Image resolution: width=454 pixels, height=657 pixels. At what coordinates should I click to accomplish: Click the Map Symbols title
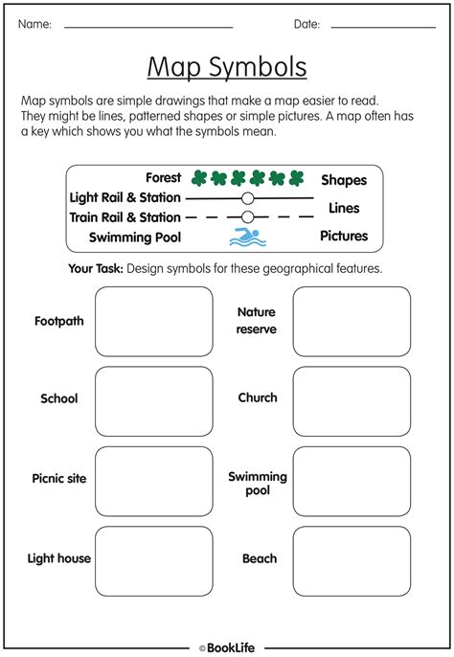click(x=227, y=67)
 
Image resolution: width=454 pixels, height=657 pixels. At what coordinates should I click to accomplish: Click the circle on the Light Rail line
click(x=247, y=198)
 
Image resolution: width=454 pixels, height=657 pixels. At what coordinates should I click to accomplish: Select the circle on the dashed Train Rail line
click(x=247, y=217)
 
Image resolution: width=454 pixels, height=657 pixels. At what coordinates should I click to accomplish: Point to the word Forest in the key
click(x=163, y=178)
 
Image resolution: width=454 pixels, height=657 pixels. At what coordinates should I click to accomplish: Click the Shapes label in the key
click(x=344, y=180)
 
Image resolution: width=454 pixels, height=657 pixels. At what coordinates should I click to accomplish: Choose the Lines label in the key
click(x=344, y=208)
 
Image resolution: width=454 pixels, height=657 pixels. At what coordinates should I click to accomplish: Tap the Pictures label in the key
click(x=344, y=236)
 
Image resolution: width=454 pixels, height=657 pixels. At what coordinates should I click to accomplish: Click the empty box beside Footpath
click(x=154, y=321)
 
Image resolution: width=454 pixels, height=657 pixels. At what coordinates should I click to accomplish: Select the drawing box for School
click(x=154, y=400)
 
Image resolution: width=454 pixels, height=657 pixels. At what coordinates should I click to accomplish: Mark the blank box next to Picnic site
click(x=154, y=481)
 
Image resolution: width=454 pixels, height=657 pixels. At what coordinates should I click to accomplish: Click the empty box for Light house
click(x=154, y=560)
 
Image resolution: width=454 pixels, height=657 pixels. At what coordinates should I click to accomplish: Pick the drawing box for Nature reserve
click(x=352, y=321)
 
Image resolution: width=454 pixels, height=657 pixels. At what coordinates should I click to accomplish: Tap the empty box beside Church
click(x=352, y=400)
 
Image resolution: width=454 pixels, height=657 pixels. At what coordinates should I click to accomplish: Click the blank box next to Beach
click(x=352, y=560)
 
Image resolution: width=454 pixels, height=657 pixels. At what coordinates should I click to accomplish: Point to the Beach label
click(x=259, y=558)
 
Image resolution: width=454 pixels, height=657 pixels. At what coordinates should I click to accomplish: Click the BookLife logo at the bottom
click(x=227, y=648)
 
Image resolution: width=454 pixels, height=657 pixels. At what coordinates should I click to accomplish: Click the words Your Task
click(x=95, y=269)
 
